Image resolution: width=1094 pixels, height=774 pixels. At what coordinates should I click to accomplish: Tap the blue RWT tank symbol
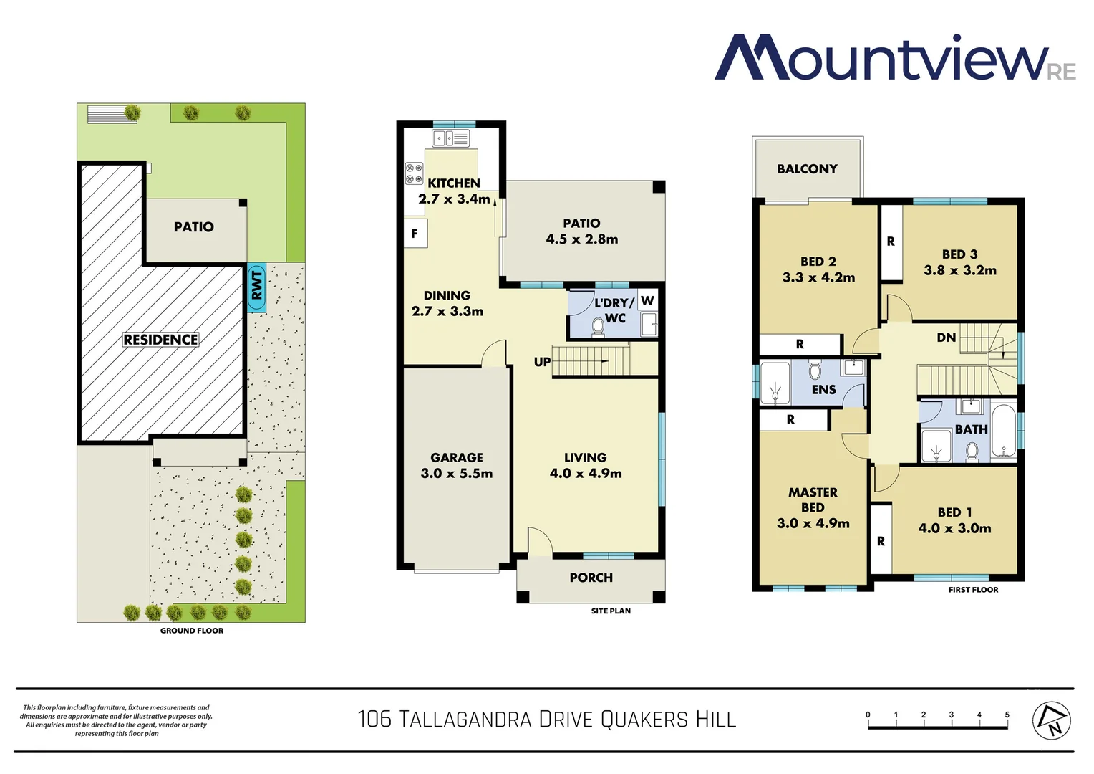point(256,287)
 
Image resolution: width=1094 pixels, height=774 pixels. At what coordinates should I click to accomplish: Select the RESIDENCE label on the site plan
point(160,340)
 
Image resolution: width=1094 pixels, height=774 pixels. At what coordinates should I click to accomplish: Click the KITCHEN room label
point(453,183)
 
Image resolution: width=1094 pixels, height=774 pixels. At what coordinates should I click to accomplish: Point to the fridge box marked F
point(415,234)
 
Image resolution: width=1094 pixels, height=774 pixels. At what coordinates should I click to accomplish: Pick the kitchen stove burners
point(414,173)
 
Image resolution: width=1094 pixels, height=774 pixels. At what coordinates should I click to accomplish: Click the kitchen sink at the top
point(450,138)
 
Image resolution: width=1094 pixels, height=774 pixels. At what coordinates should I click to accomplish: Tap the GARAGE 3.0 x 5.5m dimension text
point(457,473)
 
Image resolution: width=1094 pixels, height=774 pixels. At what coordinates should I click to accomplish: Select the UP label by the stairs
point(542,362)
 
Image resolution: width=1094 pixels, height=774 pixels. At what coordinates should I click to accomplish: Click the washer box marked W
point(647,300)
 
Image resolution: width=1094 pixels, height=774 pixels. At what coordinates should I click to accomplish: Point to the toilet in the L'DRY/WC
point(598,327)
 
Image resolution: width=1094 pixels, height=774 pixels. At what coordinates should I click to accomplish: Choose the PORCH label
point(591,578)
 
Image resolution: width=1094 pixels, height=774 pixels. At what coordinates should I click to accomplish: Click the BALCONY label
point(807,169)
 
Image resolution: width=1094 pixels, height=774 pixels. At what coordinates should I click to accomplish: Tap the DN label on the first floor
point(946,338)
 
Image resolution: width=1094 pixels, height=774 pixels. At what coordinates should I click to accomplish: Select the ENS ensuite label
point(823,390)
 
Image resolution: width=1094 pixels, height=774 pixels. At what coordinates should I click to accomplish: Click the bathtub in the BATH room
point(1004,431)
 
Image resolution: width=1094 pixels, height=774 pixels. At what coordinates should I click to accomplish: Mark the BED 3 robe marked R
point(891,242)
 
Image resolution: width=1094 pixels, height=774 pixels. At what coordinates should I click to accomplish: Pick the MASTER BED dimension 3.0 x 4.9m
point(813,523)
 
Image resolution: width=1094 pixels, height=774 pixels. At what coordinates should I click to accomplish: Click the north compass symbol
point(1051,720)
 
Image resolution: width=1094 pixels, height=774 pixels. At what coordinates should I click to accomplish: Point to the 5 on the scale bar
point(1007,715)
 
